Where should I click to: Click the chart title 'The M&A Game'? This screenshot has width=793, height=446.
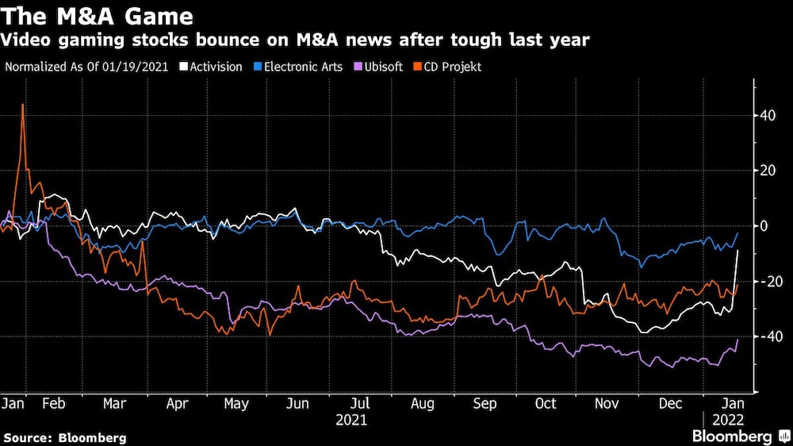click(x=96, y=15)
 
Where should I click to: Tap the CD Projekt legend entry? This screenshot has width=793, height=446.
click(x=450, y=67)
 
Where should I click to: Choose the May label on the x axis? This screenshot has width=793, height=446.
click(x=236, y=403)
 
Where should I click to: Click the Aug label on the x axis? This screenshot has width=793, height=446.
click(x=423, y=403)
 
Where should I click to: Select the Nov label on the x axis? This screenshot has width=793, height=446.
click(x=607, y=403)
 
